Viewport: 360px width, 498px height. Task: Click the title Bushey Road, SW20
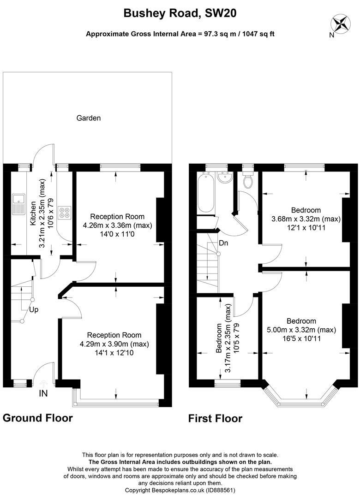point(180,14)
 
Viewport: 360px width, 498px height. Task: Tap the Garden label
point(89,118)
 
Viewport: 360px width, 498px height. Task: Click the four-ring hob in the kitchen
point(64,211)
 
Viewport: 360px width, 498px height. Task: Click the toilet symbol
point(248,181)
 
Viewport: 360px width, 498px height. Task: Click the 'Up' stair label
point(34,310)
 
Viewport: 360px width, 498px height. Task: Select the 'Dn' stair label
point(224,243)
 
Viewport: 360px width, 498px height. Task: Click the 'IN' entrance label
point(43,394)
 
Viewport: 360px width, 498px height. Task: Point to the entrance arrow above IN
point(43,383)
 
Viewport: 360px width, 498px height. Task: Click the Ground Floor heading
point(37,418)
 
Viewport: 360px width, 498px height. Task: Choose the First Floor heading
point(215,419)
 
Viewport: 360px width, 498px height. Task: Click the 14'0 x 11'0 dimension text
point(117,234)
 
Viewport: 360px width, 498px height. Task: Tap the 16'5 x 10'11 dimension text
point(301,338)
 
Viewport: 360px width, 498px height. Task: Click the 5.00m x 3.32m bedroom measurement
point(301,330)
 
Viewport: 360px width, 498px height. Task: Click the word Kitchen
point(33,213)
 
